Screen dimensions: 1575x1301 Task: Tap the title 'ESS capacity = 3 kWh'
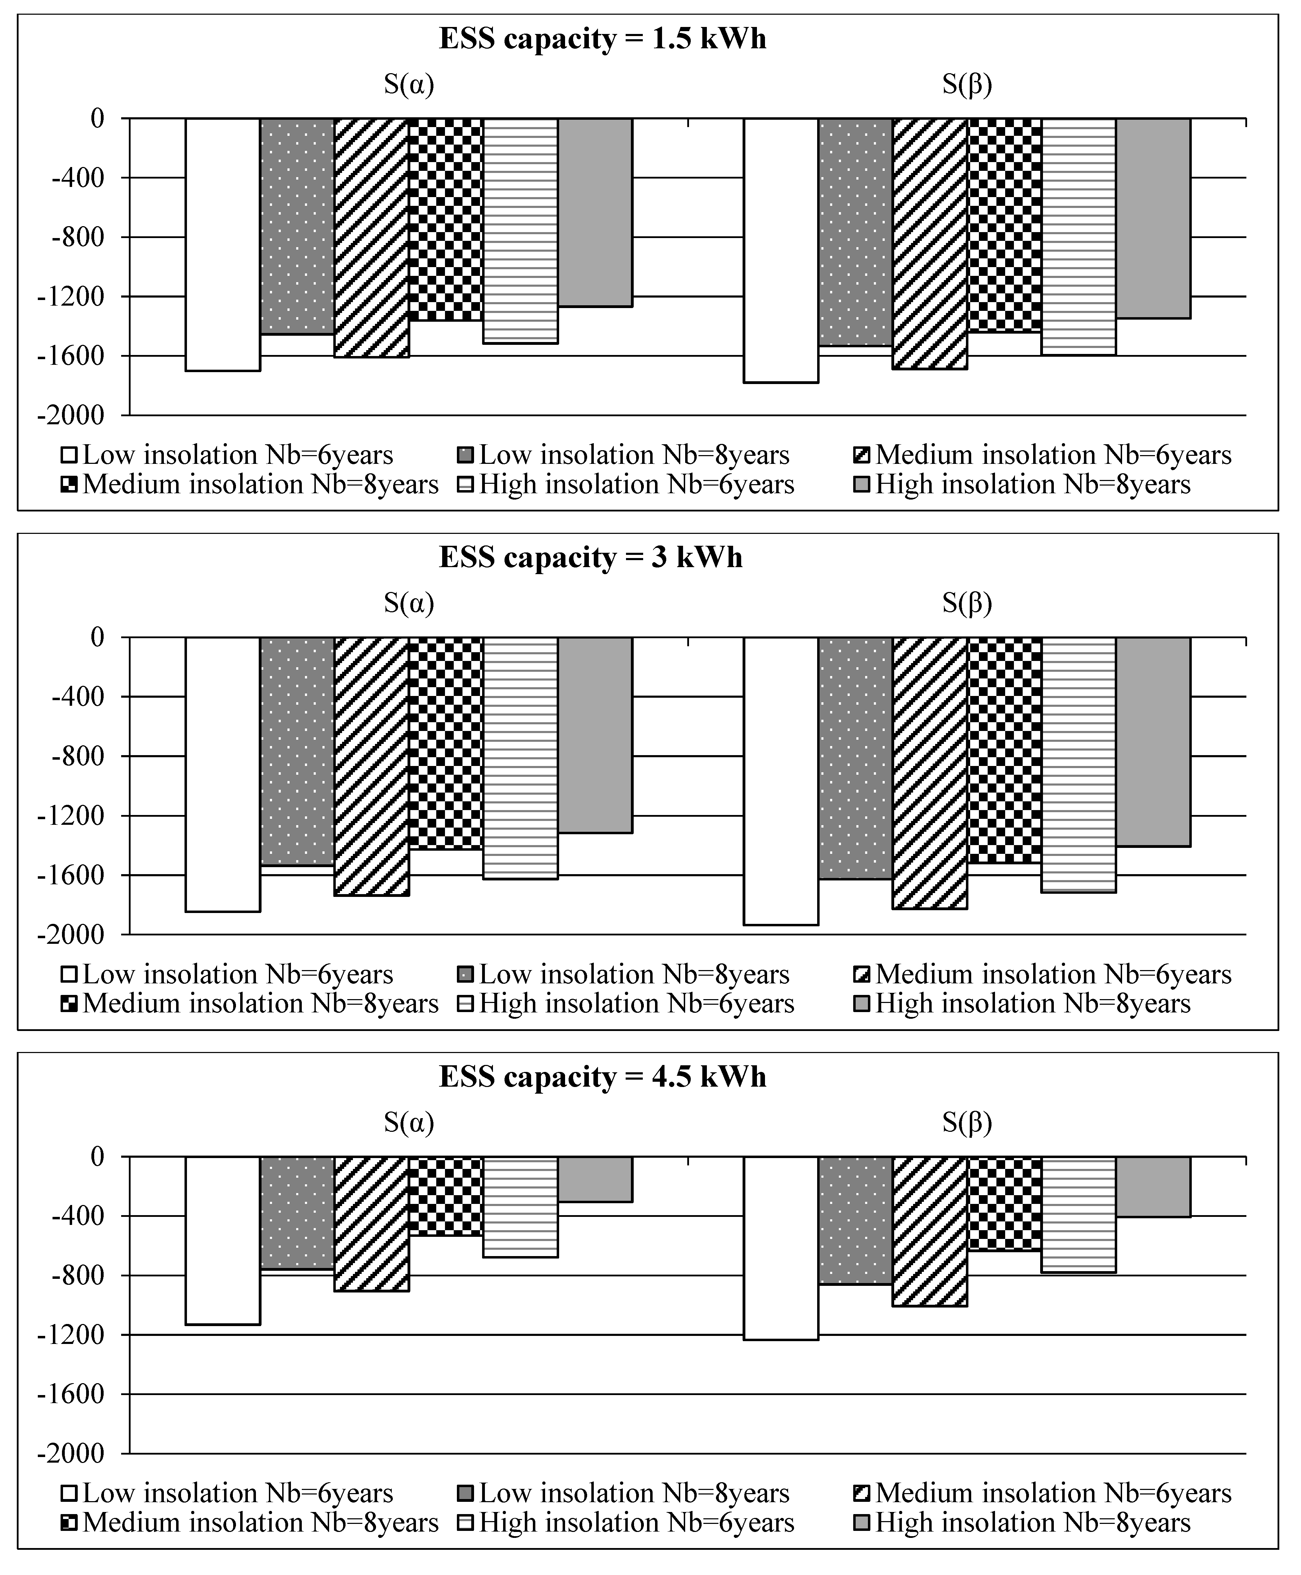591,557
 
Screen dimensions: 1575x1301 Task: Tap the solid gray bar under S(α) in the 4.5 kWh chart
595,1179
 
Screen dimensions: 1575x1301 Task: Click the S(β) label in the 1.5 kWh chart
967,85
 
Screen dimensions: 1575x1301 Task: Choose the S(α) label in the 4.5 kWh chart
409,1122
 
